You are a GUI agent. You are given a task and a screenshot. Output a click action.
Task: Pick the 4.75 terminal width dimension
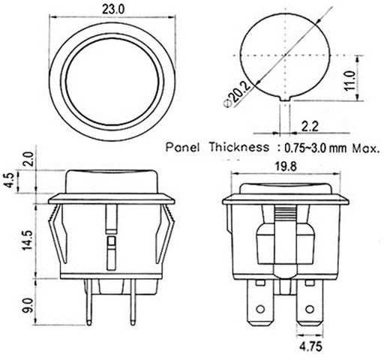[310, 348]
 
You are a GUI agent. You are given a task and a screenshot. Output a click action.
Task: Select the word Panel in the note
[183, 147]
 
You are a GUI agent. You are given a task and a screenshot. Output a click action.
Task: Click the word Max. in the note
[359, 147]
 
